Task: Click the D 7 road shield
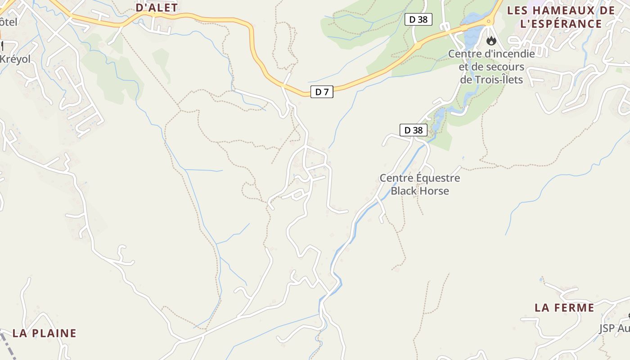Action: coord(322,92)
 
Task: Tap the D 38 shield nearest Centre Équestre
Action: coord(413,130)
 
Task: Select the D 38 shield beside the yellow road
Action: coord(418,19)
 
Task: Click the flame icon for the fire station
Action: coord(491,41)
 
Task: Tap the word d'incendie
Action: coord(509,54)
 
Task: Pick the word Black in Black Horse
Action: coord(404,191)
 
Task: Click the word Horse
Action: coord(434,191)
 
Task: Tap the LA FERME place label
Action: coord(564,308)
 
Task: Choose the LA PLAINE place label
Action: coord(44,333)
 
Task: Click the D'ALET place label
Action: coord(157,7)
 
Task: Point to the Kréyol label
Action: coord(15,59)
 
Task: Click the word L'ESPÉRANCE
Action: coord(561,24)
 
